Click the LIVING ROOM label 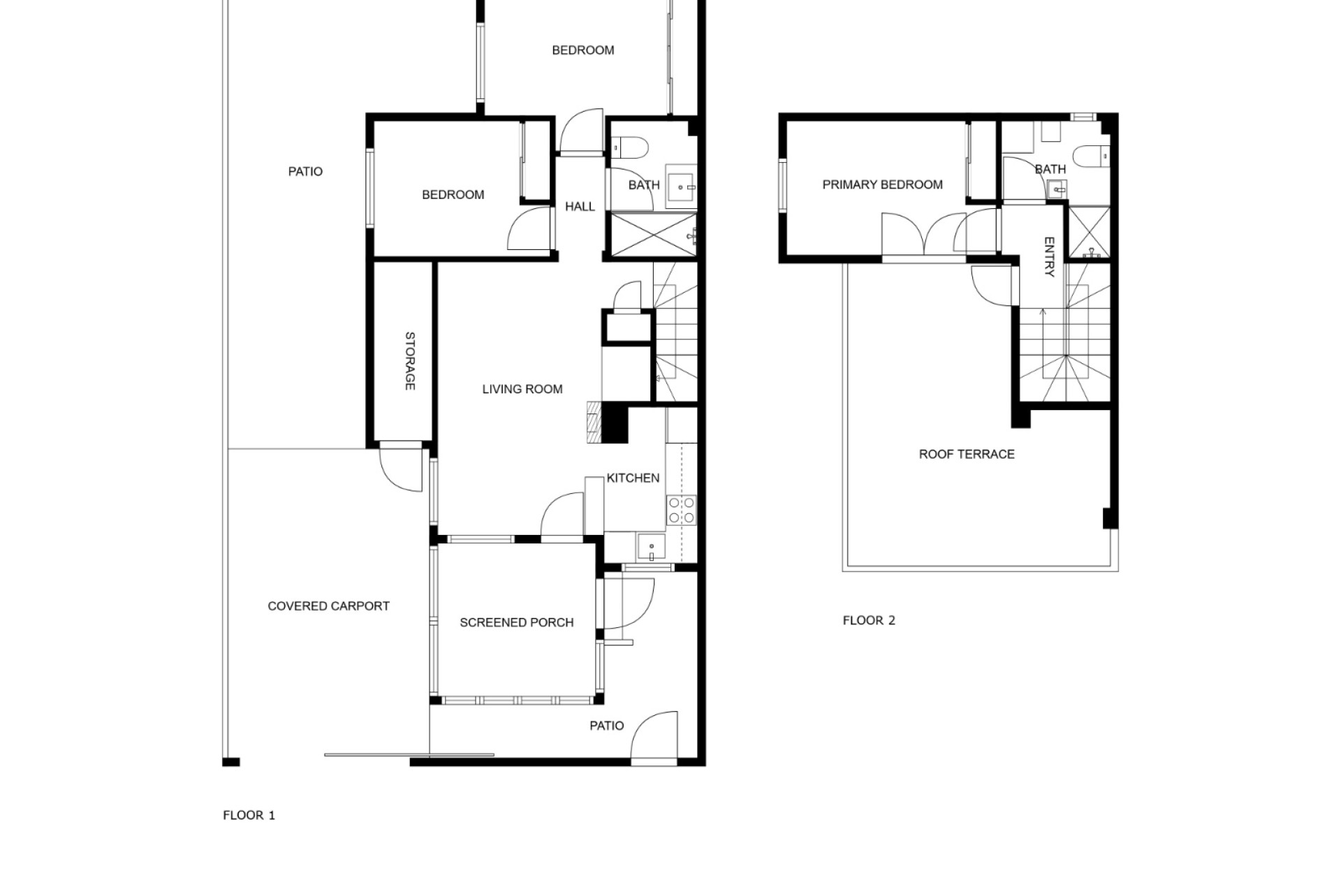click(522, 389)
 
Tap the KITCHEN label click(633, 478)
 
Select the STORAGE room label click(410, 361)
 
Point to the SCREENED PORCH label click(517, 622)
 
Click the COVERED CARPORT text click(328, 606)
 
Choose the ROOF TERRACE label click(967, 454)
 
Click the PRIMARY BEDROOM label click(882, 184)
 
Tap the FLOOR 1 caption click(249, 815)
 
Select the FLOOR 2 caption click(869, 620)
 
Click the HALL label click(580, 206)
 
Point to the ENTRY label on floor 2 click(1048, 256)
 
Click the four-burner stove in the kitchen click(681, 510)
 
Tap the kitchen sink click(651, 546)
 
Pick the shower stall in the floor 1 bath click(654, 235)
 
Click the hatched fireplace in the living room click(594, 422)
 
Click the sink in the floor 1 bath click(680, 187)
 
